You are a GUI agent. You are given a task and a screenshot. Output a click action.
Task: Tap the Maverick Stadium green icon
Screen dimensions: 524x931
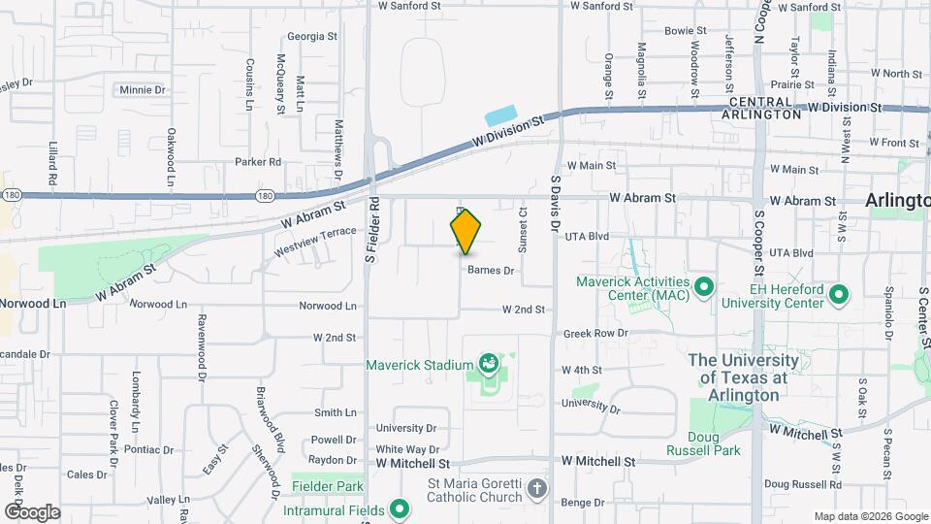[x=488, y=366]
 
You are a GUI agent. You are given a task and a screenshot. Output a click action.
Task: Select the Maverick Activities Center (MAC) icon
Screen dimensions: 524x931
[x=705, y=287]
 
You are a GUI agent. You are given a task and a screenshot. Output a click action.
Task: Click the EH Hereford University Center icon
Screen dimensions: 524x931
[x=840, y=294]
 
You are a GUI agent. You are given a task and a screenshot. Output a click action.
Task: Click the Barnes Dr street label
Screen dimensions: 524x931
[x=490, y=271]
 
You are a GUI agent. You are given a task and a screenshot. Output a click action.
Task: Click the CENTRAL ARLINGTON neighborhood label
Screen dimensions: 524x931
[x=762, y=108]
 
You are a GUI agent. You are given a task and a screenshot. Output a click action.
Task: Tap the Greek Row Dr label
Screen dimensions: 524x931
[x=595, y=334]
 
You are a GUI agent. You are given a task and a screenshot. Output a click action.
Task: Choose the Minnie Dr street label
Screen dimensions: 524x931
[x=143, y=89]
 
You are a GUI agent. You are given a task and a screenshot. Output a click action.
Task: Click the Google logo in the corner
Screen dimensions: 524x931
[x=32, y=511]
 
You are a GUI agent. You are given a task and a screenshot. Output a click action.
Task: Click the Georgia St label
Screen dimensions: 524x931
[x=312, y=37]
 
